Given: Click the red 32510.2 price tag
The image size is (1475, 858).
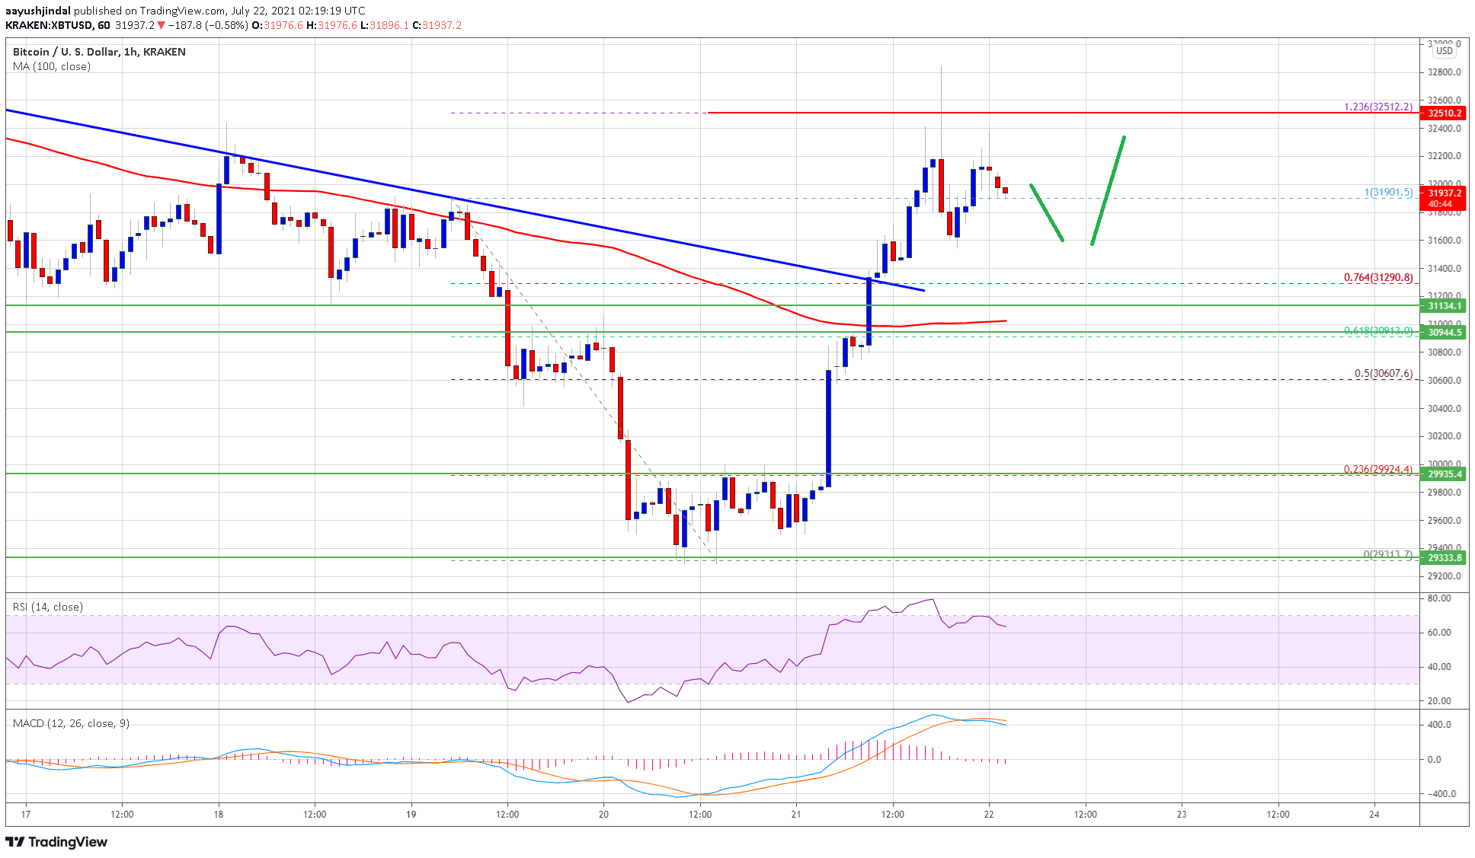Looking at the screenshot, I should click(1444, 113).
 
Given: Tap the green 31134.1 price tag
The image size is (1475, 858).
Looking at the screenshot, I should click(1444, 305).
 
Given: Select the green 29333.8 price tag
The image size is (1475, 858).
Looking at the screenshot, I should click(1444, 557).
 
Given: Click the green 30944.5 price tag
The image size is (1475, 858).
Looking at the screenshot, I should click(1444, 332).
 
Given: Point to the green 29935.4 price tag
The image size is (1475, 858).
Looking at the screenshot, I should click(1444, 474).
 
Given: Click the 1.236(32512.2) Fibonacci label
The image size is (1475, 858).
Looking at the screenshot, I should click(1378, 107).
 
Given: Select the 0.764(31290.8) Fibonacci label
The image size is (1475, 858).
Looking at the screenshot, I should click(1378, 277).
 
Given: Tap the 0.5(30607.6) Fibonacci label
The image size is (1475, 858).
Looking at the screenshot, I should click(1383, 373).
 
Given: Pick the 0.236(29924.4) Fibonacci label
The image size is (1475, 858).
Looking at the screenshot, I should click(1378, 469).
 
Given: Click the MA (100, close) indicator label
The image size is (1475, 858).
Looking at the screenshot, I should click(52, 66).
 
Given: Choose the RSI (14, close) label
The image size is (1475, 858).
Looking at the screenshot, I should click(48, 607).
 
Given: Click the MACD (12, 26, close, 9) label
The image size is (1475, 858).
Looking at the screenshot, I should click(71, 723).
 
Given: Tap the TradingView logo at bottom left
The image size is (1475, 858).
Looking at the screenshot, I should click(56, 841).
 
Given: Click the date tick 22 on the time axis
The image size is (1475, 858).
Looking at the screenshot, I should click(989, 814).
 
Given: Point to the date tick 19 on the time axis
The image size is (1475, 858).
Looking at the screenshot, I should click(411, 814).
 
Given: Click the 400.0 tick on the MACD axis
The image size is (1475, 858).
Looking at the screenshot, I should click(1439, 724).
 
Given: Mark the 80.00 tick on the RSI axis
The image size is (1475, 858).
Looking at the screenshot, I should click(1439, 598).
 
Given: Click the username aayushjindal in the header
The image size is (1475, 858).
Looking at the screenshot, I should click(38, 11).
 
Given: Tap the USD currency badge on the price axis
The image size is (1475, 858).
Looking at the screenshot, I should click(1444, 51).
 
